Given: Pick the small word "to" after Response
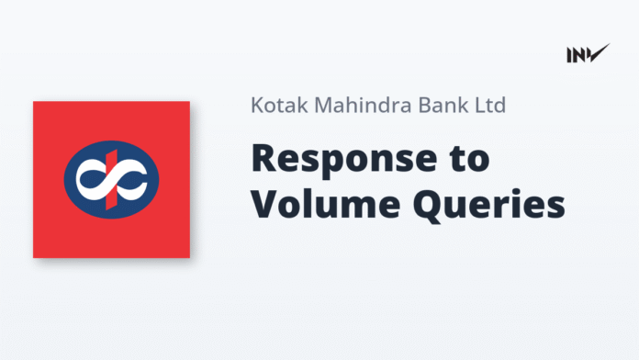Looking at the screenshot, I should (x=469, y=159).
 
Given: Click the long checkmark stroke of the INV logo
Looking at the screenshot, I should (x=600, y=52).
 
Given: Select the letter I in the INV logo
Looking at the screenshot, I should (x=570, y=55).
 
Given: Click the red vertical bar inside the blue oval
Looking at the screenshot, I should (x=111, y=178).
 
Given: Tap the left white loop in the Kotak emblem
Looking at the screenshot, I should (x=92, y=180).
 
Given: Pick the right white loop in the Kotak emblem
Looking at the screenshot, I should (x=130, y=180).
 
